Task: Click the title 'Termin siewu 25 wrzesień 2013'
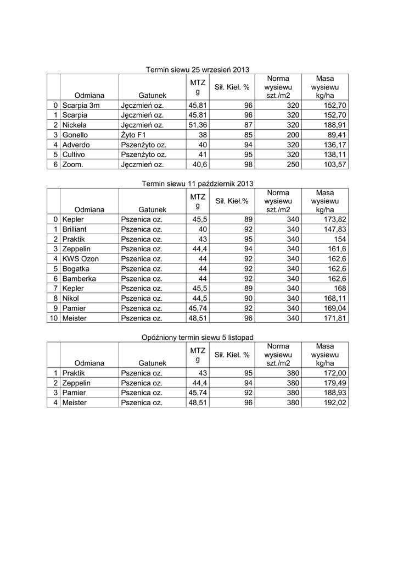(x=198, y=70)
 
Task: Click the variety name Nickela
(x=76, y=125)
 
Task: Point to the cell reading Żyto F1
(x=134, y=135)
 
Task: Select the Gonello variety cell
(x=76, y=135)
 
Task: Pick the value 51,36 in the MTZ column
(x=197, y=125)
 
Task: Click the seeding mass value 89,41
(x=337, y=135)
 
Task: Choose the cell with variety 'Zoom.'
(x=74, y=164)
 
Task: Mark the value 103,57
(x=334, y=164)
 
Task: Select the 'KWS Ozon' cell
(x=80, y=258)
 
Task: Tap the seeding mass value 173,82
(x=334, y=219)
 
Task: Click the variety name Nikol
(x=71, y=298)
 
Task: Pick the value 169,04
(x=334, y=308)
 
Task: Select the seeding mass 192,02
(x=334, y=402)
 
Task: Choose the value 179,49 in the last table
(x=334, y=383)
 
